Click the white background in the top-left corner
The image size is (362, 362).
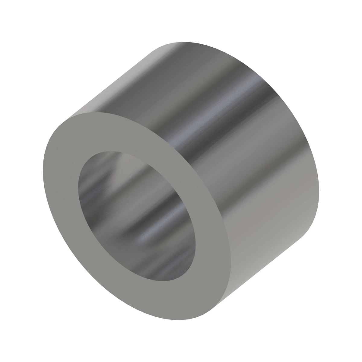pos(18,18)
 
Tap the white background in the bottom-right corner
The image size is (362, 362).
pos(344,344)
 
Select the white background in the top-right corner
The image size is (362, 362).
pos(344,18)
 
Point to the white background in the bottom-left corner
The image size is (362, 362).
pos(18,344)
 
